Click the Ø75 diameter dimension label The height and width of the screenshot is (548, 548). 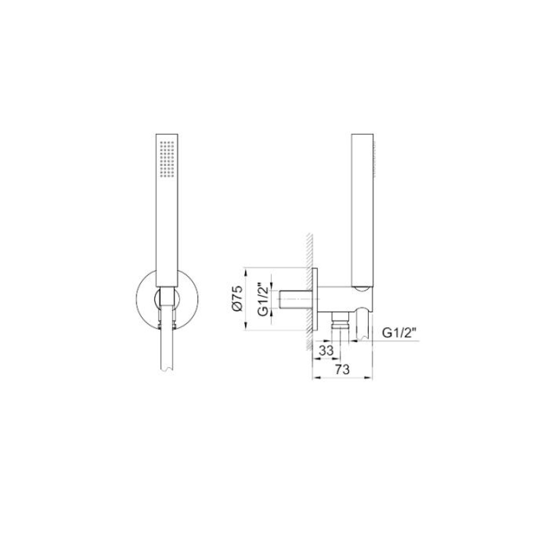point(238,299)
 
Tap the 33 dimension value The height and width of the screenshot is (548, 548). point(326,350)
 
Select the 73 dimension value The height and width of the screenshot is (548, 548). point(342,370)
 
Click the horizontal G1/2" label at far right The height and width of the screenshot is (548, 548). point(400,333)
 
